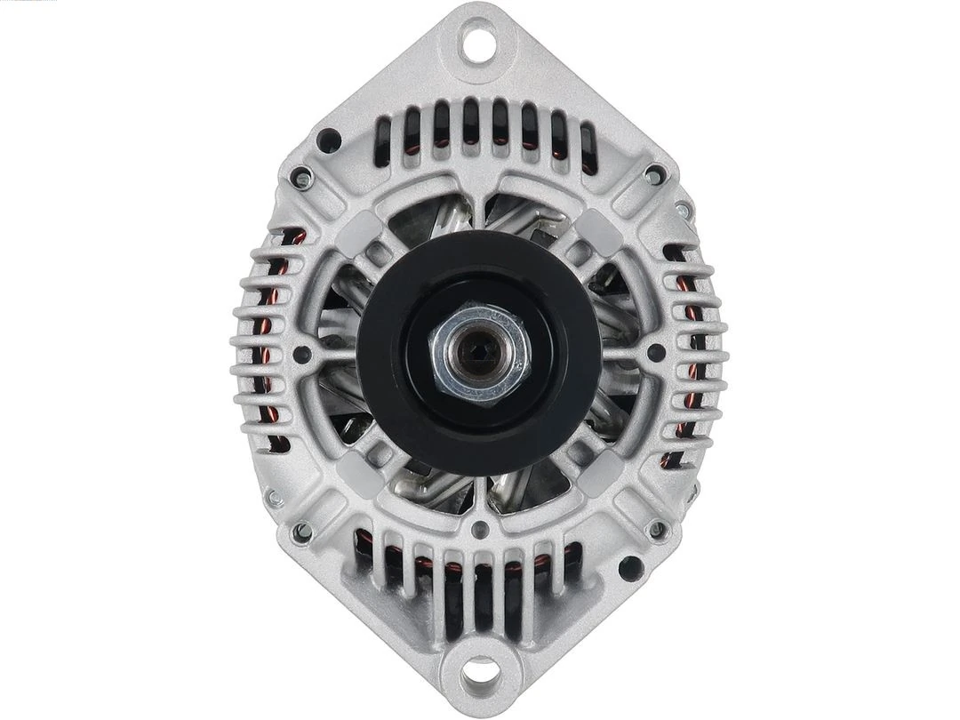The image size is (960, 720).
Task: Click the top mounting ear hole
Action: pos(479,44)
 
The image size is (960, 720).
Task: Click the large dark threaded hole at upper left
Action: pos(329,140)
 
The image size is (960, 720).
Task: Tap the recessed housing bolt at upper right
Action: pos(655,173)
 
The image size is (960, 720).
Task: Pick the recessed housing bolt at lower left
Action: pos(302,531)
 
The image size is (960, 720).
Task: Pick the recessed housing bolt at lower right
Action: pos(656,531)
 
